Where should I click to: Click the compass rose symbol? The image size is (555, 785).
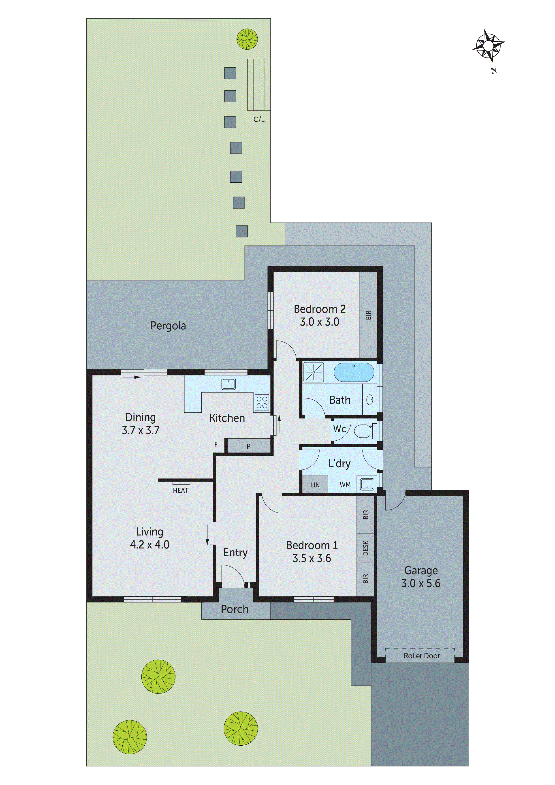pyautogui.click(x=488, y=45)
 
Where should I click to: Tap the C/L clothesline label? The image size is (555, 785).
pyautogui.click(x=259, y=119)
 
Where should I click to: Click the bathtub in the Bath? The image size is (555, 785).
pyautogui.click(x=354, y=372)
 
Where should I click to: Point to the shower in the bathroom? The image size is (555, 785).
pyautogui.click(x=314, y=372)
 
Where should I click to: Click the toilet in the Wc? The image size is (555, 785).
pyautogui.click(x=365, y=431)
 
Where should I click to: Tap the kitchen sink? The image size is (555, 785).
pyautogui.click(x=228, y=384)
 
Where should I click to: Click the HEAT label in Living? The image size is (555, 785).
pyautogui.click(x=181, y=491)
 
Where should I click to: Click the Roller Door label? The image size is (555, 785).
pyautogui.click(x=421, y=656)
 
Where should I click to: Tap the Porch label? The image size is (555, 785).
pyautogui.click(x=235, y=609)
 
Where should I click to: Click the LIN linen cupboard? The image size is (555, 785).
pyautogui.click(x=315, y=485)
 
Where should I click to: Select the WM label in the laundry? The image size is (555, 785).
pyautogui.click(x=345, y=485)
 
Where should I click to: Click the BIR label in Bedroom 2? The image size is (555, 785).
pyautogui.click(x=368, y=315)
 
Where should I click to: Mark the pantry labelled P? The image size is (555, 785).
pyautogui.click(x=249, y=446)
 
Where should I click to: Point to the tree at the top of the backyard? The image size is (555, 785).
pyautogui.click(x=247, y=39)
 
